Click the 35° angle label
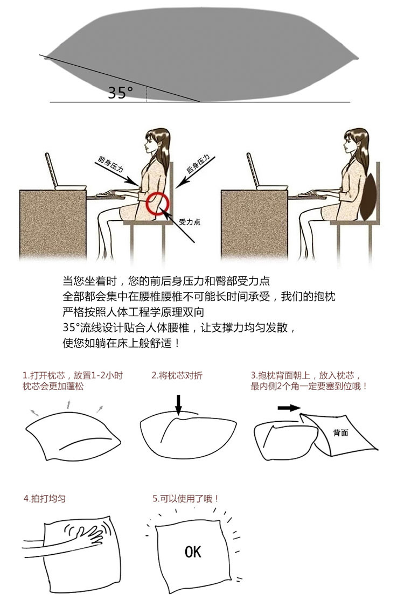pyautogui.click(x=120, y=93)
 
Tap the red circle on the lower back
pyautogui.click(x=157, y=204)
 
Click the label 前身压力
pyautogui.click(x=111, y=164)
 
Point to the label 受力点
pyautogui.click(x=190, y=222)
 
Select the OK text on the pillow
pyautogui.click(x=193, y=552)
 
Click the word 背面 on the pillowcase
pyautogui.click(x=340, y=432)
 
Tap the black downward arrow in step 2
pyautogui.click(x=178, y=405)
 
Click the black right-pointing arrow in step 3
pyautogui.click(x=289, y=408)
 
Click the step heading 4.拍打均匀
pyautogui.click(x=45, y=499)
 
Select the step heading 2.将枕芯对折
pyautogui.click(x=177, y=375)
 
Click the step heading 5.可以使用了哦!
pyautogui.click(x=185, y=499)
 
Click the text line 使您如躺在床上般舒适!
pyautogui.click(x=121, y=344)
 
